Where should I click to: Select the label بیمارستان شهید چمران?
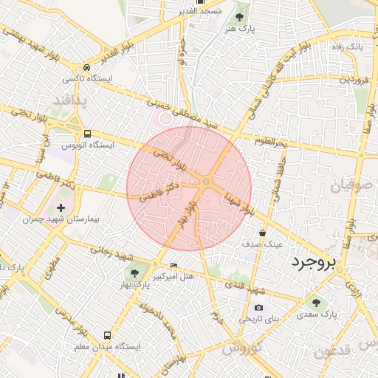tap(72, 220)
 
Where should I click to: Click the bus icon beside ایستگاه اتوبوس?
tap(88, 134)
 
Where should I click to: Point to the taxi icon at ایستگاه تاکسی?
tap(88, 67)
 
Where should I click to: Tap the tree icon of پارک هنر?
tap(239, 16)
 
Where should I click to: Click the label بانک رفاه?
tap(348, 47)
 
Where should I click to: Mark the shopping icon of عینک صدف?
tap(262, 233)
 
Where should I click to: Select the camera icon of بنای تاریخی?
tap(258, 308)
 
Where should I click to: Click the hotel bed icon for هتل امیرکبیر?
tap(174, 266)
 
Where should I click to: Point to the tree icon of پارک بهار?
tap(134, 275)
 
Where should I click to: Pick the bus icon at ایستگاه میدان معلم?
tap(109, 334)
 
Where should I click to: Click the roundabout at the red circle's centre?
tap(207, 181)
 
